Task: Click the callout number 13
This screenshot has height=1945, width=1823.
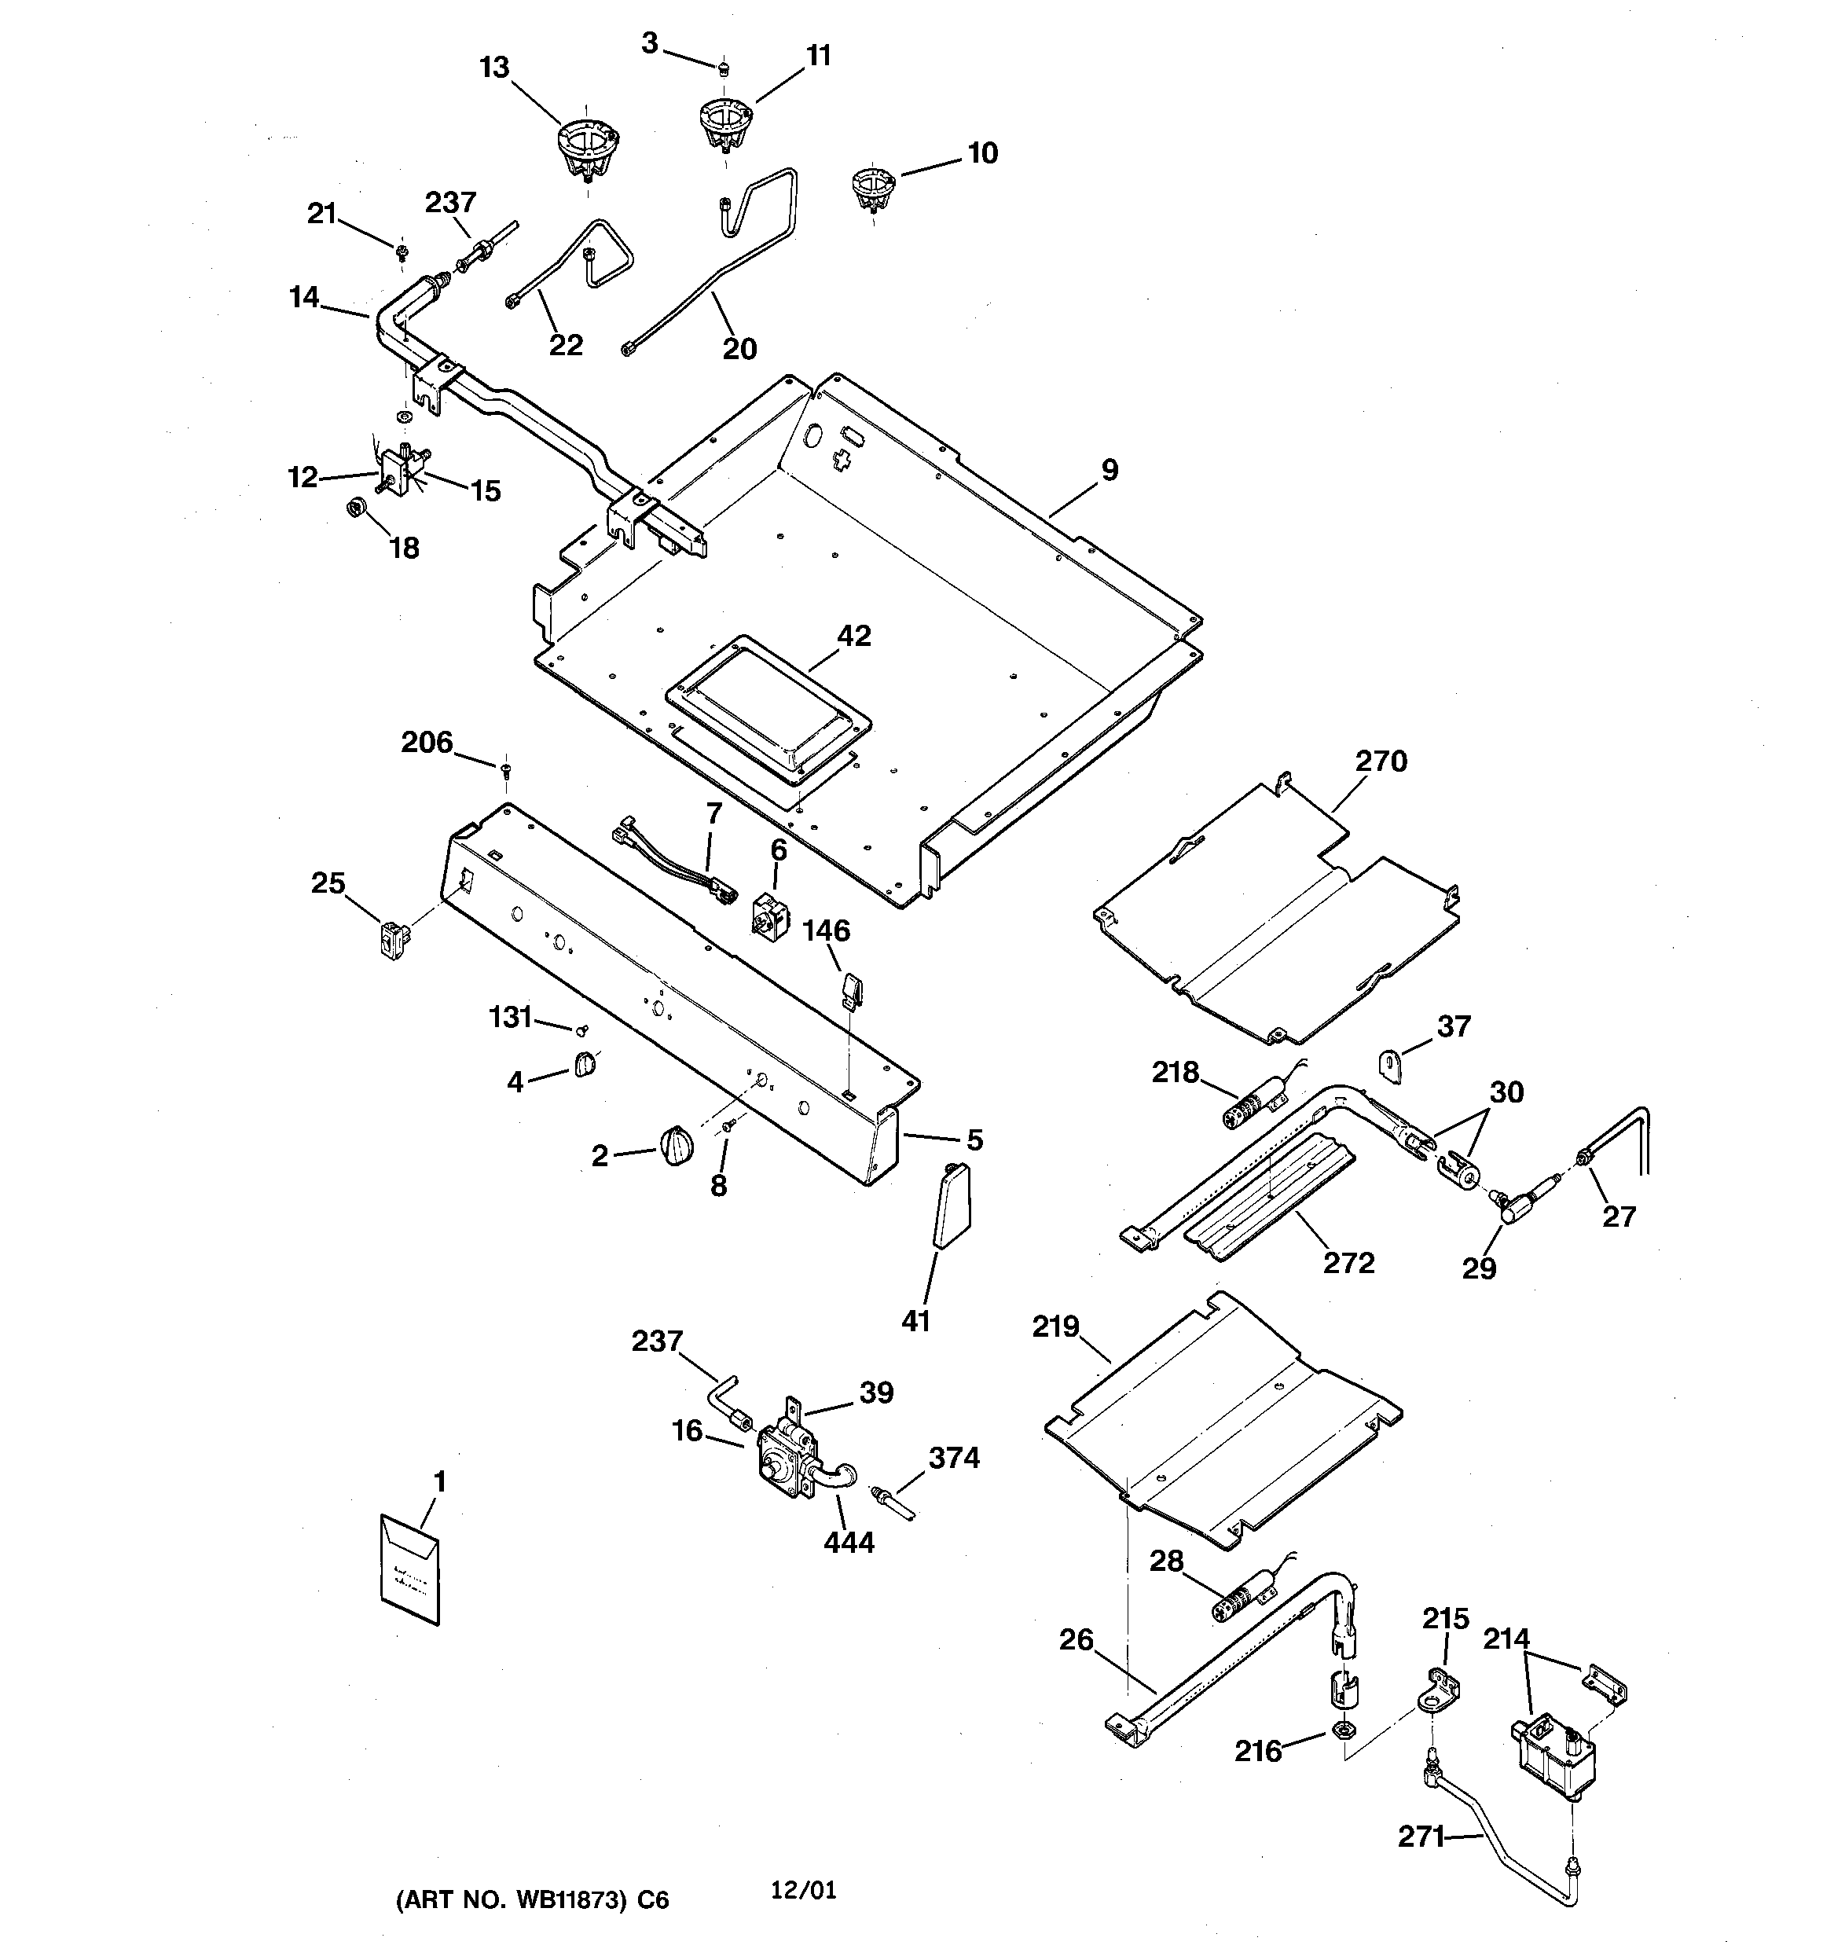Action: [x=494, y=68]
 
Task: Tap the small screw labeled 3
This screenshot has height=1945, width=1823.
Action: [x=721, y=68]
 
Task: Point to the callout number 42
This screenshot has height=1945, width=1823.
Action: [x=853, y=636]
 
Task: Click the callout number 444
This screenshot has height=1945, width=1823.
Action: [x=849, y=1543]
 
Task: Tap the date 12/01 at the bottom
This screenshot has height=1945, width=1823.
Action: [x=803, y=1889]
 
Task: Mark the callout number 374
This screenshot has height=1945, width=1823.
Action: [x=953, y=1458]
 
